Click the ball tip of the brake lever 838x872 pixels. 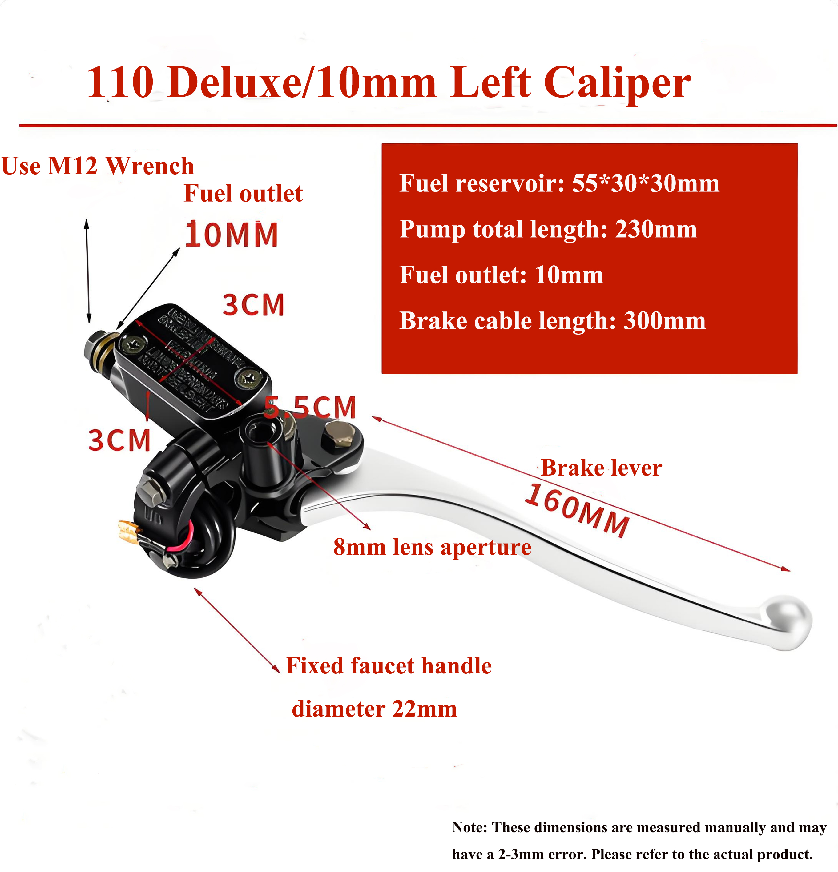[788, 621]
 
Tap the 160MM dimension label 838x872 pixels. [577, 511]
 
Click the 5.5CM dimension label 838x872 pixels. [311, 407]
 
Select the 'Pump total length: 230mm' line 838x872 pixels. [548, 230]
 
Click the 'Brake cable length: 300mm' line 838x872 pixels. [552, 321]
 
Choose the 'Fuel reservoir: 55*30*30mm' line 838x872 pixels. [559, 183]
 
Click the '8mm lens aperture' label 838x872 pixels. [432, 547]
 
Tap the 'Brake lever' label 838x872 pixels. [601, 468]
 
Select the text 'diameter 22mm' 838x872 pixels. [374, 709]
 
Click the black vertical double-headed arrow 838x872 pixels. [88, 271]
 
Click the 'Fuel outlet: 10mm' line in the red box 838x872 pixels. [501, 275]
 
